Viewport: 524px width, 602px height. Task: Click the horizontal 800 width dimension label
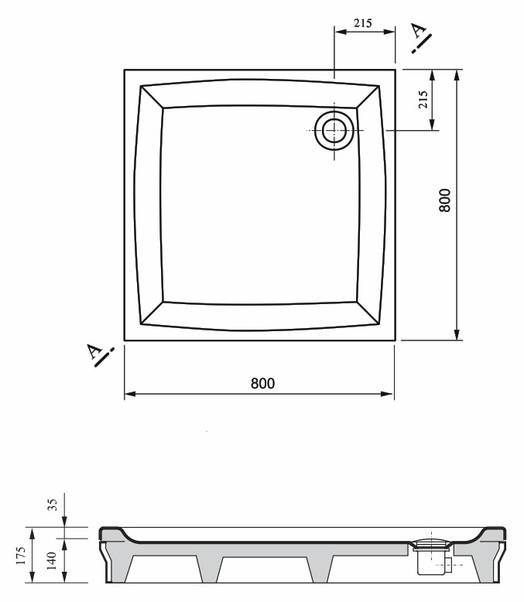[x=262, y=383]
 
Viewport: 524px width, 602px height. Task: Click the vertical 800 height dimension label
[x=444, y=200]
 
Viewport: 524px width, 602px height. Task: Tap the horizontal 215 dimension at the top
[x=363, y=23]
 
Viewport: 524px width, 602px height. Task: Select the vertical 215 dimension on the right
[x=423, y=100]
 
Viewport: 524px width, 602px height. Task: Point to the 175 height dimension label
[x=21, y=556]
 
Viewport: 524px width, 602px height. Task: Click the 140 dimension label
[x=51, y=561]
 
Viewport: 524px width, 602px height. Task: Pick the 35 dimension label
[x=53, y=505]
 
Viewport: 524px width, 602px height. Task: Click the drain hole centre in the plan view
[x=334, y=131]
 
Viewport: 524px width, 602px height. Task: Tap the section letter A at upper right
[x=419, y=30]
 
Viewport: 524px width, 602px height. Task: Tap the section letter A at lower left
[x=94, y=351]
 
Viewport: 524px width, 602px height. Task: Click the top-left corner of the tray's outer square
[x=125, y=70]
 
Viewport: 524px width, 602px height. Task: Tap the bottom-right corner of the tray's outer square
[x=396, y=340]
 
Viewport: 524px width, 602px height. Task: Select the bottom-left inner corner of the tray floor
[x=163, y=302]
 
